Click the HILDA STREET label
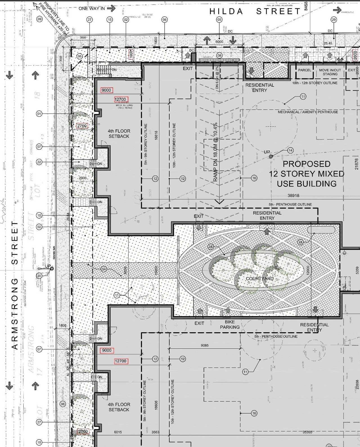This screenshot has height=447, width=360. pyautogui.click(x=255, y=11)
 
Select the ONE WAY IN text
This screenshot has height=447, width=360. pyautogui.click(x=92, y=8)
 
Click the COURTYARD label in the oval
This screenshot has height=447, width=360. pyautogui.click(x=260, y=279)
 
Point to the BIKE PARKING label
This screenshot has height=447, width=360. pyautogui.click(x=230, y=325)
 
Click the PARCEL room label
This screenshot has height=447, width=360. pyautogui.click(x=305, y=70)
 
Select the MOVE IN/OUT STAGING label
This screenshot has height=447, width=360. pyautogui.click(x=330, y=72)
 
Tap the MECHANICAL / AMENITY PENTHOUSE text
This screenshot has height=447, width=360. pyautogui.click(x=308, y=112)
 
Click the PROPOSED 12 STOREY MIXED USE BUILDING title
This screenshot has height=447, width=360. pyautogui.click(x=307, y=174)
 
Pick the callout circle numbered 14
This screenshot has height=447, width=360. pyautogui.click(x=290, y=151)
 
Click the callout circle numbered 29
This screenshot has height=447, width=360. pyautogui.click(x=334, y=19)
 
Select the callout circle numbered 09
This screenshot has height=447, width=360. pyautogui.click(x=39, y=19)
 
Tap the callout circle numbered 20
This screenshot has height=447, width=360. pyautogui.click(x=39, y=276)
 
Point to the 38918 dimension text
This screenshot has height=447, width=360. pyautogui.click(x=293, y=196)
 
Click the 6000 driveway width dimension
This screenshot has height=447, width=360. pyautogui.click(x=219, y=42)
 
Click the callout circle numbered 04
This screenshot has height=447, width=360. pyautogui.click(x=104, y=269)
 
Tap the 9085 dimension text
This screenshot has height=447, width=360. pyautogui.click(x=205, y=345)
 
